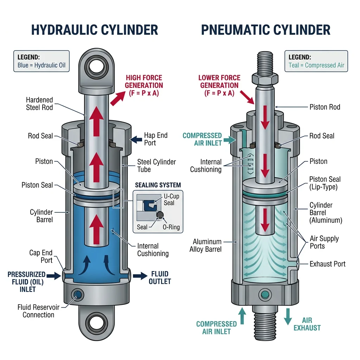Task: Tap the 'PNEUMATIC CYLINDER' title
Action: [x=266, y=30]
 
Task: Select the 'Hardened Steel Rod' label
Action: [x=39, y=104]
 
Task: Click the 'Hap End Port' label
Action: [x=156, y=139]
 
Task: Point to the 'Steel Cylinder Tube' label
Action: [x=156, y=166]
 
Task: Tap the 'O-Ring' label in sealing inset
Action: [x=171, y=227]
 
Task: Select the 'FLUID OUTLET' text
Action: [x=160, y=277]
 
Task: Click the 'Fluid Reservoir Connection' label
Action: [x=39, y=311]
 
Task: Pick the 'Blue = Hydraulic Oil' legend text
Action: [x=41, y=65]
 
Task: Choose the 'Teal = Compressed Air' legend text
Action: [x=316, y=65]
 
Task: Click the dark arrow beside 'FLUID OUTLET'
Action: [x=141, y=276]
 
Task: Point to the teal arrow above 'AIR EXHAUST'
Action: [x=288, y=316]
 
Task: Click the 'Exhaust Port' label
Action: [x=328, y=264]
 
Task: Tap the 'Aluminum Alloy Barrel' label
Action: [x=207, y=246]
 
